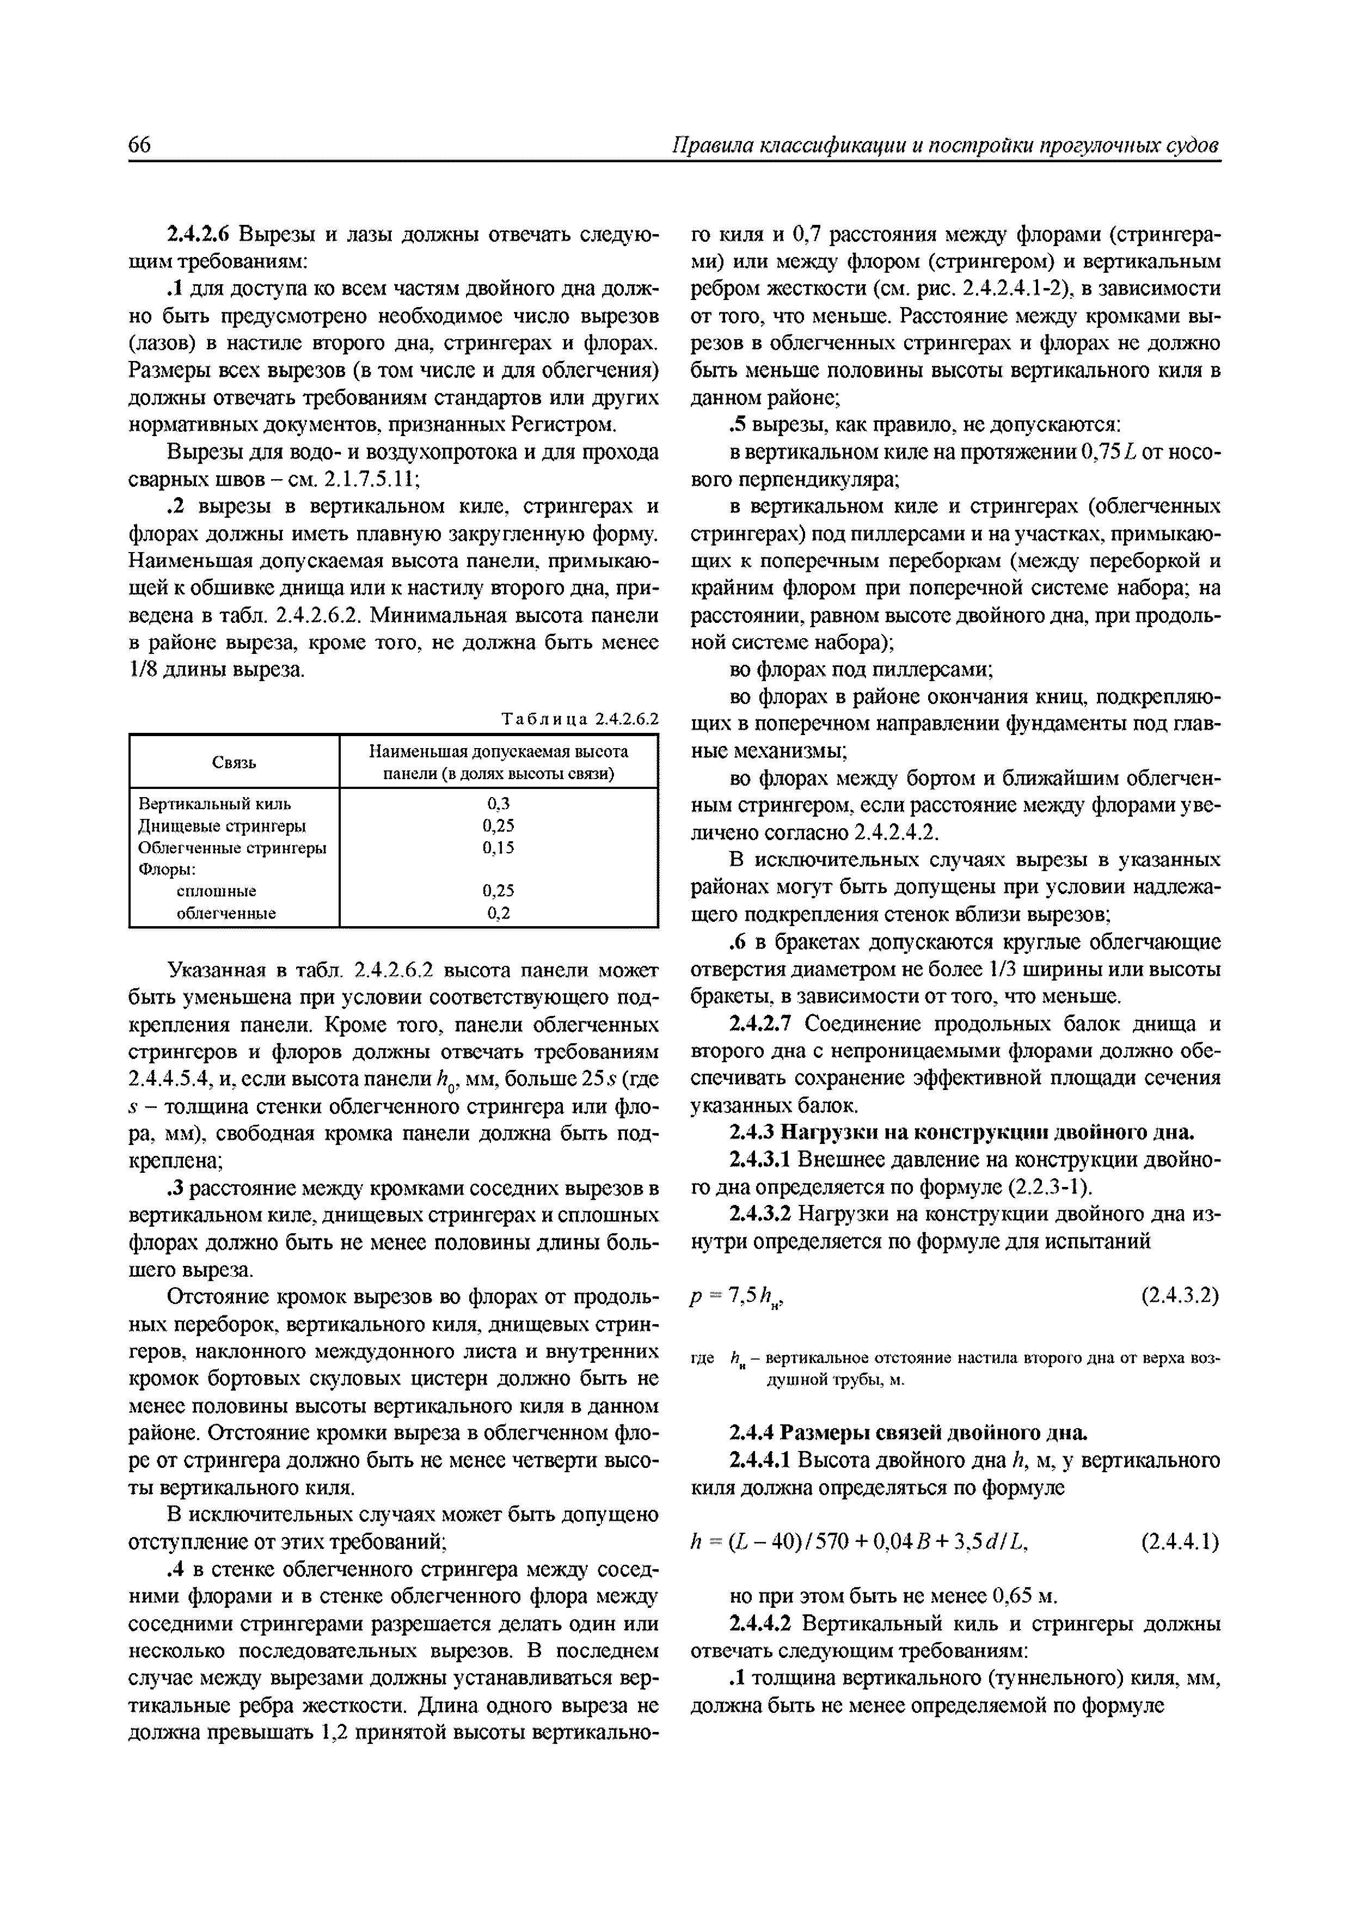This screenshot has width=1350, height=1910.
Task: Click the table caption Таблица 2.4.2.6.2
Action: [x=580, y=719]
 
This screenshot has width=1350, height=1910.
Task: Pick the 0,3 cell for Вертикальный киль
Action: [x=498, y=804]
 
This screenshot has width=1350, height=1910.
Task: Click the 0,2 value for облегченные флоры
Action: [x=498, y=913]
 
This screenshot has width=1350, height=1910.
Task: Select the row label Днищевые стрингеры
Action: [x=221, y=825]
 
